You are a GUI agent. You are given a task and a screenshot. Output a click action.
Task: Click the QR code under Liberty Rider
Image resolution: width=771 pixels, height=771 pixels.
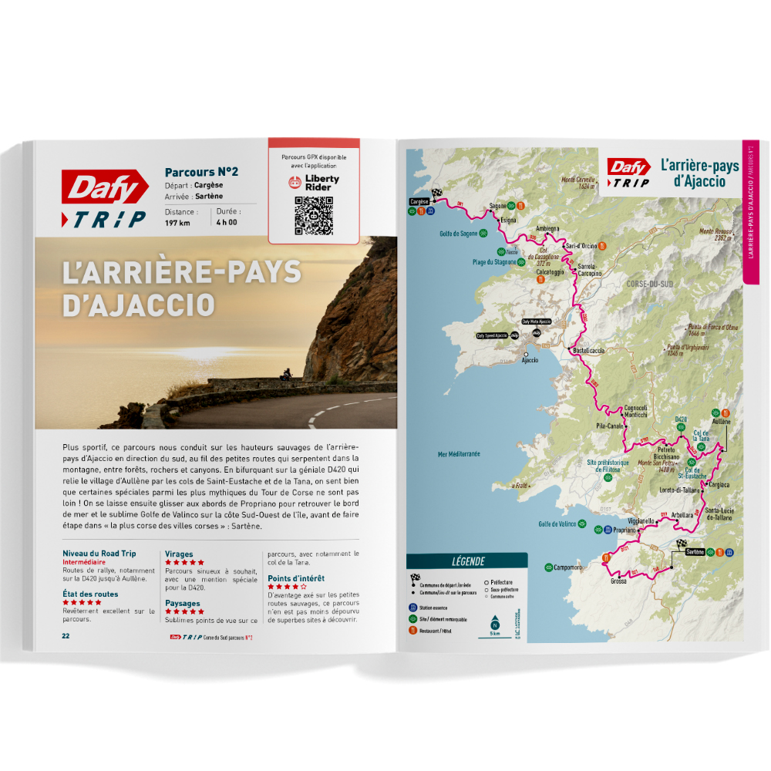point(313,216)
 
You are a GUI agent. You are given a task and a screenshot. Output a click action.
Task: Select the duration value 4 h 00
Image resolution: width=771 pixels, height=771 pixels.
point(227,223)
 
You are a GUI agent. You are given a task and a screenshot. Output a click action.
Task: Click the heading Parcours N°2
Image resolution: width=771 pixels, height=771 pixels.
point(201,172)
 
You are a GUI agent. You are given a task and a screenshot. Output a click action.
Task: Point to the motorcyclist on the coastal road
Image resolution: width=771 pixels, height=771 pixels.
point(285,375)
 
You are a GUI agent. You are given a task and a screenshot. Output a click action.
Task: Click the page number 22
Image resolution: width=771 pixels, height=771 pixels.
point(66,636)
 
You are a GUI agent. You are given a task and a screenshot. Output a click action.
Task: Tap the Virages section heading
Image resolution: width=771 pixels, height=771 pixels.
point(179,554)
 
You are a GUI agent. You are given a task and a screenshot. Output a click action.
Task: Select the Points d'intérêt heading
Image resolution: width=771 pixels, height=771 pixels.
point(296,577)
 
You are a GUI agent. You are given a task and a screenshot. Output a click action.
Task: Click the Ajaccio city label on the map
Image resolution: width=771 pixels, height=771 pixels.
point(530,360)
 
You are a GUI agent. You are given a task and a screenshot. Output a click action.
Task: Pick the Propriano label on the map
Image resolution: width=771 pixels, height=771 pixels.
point(623,530)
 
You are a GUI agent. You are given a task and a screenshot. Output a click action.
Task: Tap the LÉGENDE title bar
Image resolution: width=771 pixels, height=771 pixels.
point(468,561)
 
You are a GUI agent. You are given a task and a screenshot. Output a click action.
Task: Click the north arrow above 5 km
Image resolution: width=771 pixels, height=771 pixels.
point(495,621)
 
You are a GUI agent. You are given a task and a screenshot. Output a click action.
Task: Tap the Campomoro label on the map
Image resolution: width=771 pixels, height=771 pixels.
point(567,567)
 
